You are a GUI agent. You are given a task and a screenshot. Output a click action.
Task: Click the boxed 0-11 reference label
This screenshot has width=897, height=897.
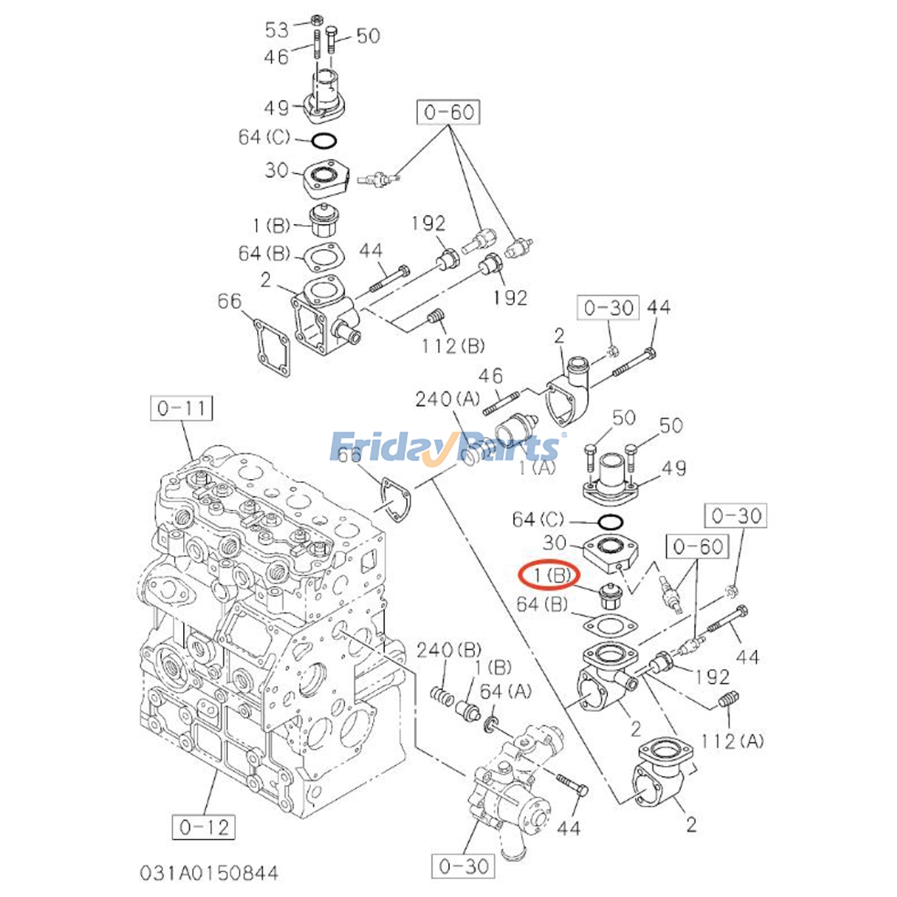182,408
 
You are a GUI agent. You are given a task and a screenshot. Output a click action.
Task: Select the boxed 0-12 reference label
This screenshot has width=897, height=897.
203,827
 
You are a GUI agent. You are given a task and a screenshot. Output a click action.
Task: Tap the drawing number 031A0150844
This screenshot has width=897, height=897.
209,873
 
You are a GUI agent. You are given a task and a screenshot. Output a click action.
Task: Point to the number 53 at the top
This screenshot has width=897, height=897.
277,30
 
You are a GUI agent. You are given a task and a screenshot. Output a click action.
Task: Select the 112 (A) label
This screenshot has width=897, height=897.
732,742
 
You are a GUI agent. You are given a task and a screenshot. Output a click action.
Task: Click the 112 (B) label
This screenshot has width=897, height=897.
453,346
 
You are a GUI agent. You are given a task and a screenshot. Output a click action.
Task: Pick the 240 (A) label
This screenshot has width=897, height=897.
447,399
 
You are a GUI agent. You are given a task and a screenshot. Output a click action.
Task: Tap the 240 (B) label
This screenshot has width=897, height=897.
449,650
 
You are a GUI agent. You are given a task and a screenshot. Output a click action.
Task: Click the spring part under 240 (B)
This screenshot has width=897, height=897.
442,697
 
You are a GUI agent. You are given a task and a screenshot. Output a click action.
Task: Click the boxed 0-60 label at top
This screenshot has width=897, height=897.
448,112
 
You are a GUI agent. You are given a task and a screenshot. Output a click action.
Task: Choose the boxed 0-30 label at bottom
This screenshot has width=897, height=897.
464,866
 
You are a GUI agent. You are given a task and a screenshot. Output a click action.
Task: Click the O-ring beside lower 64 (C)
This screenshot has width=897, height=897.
611,523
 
